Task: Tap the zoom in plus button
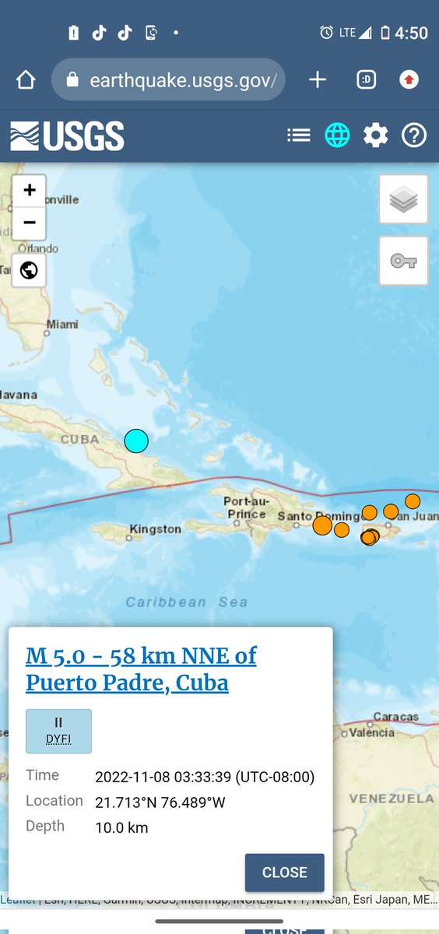(x=30, y=191)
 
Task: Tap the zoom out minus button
(x=30, y=223)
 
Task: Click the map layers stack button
(x=403, y=199)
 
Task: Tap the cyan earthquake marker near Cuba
(x=136, y=441)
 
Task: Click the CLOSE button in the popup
(x=284, y=872)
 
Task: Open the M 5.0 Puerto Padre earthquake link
(x=141, y=669)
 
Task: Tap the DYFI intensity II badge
(x=58, y=731)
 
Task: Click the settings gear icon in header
(x=375, y=135)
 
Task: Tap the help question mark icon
(x=414, y=135)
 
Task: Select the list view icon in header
(x=299, y=135)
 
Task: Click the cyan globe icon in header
(x=337, y=135)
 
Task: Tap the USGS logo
(x=67, y=136)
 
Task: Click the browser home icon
(x=26, y=79)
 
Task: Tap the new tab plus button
(x=318, y=79)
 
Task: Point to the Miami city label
(x=61, y=325)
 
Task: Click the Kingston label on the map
(x=155, y=529)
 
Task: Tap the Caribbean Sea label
(x=187, y=602)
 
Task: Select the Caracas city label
(x=395, y=716)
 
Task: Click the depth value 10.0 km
(x=121, y=827)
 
